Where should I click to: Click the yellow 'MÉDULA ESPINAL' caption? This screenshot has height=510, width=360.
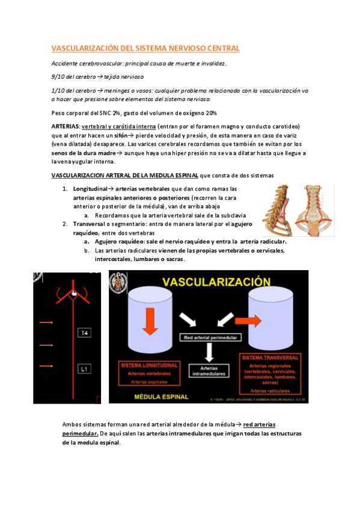click(x=161, y=397)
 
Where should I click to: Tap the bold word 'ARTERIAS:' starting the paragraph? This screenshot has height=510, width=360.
click(x=66, y=126)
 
